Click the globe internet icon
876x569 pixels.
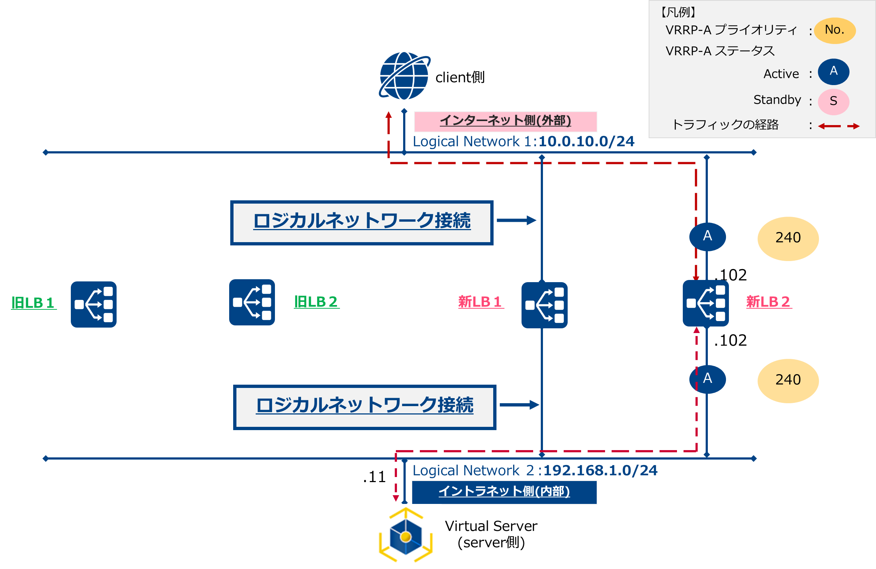tap(404, 76)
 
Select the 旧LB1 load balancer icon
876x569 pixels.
tap(93, 304)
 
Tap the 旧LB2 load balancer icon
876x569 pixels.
tap(252, 302)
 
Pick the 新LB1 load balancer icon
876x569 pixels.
tap(544, 305)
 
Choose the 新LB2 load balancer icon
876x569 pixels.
tap(706, 303)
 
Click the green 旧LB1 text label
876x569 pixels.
tap(33, 303)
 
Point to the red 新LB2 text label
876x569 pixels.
tap(768, 302)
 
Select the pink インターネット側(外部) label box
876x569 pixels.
tap(505, 121)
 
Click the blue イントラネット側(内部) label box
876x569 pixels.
tap(504, 492)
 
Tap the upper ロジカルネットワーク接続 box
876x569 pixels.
tap(362, 223)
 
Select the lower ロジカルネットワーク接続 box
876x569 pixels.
tap(364, 407)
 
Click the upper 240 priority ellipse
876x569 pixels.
tap(788, 239)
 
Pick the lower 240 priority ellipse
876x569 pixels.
tap(788, 381)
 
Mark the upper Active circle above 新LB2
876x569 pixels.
tap(707, 237)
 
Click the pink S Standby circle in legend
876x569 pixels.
tap(833, 101)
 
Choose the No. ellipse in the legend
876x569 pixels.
tap(834, 30)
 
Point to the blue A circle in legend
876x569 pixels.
tap(833, 72)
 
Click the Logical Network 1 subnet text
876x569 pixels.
tap(523, 141)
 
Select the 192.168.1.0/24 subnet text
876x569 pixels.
tap(600, 470)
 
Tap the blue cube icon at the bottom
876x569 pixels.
tap(405, 536)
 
